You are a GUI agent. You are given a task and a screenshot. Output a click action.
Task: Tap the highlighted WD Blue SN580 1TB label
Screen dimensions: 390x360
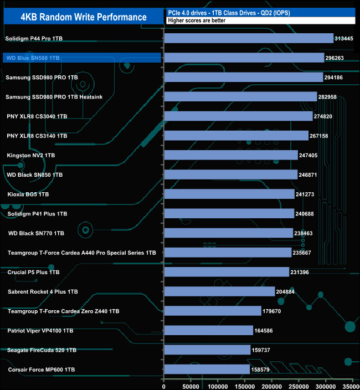tap(33, 58)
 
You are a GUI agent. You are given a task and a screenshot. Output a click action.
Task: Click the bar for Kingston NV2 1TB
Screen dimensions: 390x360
tap(231, 155)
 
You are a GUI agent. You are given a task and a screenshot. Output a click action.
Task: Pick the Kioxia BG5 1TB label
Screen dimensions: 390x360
tap(28, 194)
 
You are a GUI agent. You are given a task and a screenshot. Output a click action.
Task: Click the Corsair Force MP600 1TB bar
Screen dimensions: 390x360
tap(207, 369)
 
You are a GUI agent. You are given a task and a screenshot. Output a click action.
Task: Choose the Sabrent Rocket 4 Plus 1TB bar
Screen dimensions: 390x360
tap(219, 291)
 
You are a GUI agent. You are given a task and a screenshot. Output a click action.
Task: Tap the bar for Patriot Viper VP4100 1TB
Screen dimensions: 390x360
tap(209, 330)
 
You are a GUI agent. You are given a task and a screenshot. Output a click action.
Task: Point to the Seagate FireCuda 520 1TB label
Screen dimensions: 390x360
tap(42, 350)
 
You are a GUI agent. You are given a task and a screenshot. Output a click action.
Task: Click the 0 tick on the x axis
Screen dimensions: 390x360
tap(164, 385)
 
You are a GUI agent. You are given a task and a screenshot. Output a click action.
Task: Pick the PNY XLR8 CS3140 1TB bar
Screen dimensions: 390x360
tap(236, 136)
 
